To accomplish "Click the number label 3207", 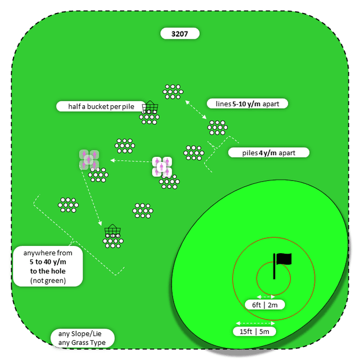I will pos(179,34).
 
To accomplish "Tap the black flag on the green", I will pos(282,259).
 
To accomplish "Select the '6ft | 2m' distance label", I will pos(268,305).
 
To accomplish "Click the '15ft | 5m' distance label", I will pos(255,331).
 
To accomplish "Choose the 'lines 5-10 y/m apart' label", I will pos(247,103).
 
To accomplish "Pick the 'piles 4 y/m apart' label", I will pos(269,152).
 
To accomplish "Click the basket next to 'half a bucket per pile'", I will pos(150,107).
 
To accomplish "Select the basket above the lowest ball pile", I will pos(112,231).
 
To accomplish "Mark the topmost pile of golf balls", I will pos(173,91).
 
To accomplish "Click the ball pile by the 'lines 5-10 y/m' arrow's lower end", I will pos(217,128).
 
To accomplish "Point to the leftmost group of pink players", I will pos(89,159).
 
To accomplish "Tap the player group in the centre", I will pos(162,166).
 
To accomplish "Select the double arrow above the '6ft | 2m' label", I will pos(265,296).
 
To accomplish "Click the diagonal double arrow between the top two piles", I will pos(195,109).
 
